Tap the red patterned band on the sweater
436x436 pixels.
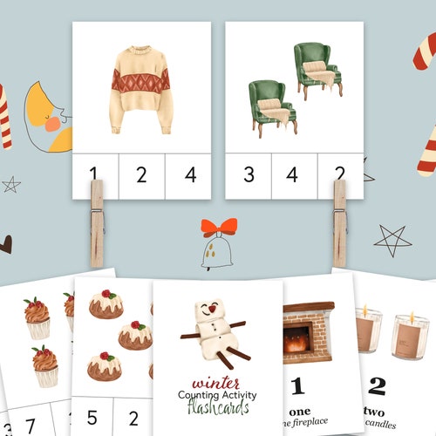141,80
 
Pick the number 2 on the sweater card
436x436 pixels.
141,176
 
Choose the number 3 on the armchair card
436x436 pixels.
249,176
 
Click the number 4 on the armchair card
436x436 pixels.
293,176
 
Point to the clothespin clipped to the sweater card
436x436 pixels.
97,222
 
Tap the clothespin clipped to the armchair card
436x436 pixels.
339,222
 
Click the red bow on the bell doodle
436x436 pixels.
218,228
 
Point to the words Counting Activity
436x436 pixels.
218,394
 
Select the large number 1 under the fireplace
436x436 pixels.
297,385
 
